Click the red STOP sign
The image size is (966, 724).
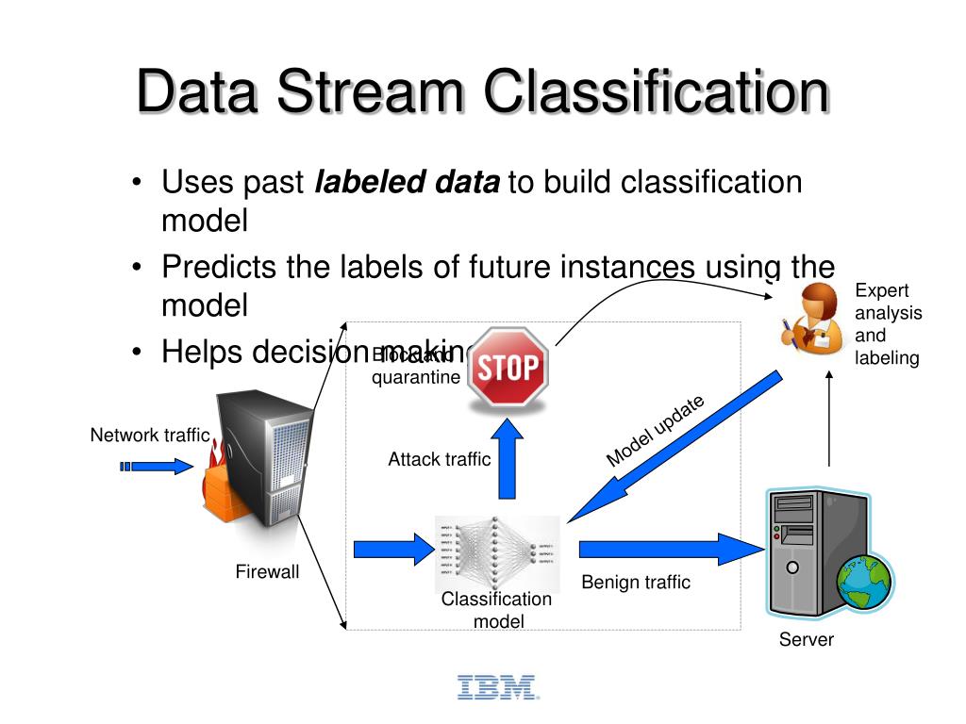point(508,367)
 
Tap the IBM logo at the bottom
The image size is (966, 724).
point(497,687)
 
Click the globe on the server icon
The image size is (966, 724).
point(863,582)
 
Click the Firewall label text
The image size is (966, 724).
point(267,571)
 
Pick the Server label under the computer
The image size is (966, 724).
point(806,640)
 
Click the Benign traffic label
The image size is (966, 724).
point(636,582)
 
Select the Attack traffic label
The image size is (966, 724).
point(439,459)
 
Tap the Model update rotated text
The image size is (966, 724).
point(655,431)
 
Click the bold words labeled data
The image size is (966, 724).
point(407,182)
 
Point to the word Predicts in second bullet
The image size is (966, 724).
point(220,267)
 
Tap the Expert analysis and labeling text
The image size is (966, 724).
point(887,323)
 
